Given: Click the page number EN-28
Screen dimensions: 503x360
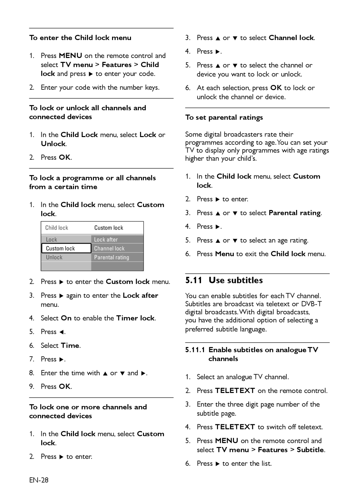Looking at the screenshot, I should tap(39, 480).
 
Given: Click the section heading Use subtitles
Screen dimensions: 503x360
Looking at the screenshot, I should tap(236, 280).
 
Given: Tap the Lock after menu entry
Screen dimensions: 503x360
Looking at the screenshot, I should tap(106, 239).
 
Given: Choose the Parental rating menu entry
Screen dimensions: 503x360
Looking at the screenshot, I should tap(111, 257).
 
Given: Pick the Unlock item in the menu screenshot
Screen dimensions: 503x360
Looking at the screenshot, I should tap(54, 257).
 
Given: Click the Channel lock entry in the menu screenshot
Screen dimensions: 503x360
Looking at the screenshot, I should tap(109, 248).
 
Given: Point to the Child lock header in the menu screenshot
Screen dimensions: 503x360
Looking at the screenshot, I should tap(57, 228).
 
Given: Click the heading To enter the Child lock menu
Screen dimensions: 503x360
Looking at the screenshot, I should tap(80, 38).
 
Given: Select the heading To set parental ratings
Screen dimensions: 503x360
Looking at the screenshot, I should tap(224, 117).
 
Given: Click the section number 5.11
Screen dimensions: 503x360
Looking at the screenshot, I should tap(193, 280).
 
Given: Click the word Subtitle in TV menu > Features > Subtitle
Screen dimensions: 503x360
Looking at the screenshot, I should tap(310, 450).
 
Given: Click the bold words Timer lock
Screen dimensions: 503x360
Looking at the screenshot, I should tap(135, 318).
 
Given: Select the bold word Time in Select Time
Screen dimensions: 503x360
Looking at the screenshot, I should tap(70, 345).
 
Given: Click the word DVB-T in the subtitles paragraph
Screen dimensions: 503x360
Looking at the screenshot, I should tap(311, 304).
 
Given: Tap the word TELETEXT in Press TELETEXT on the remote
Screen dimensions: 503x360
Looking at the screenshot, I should tap(235, 390).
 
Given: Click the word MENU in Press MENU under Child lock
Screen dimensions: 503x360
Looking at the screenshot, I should tap(71, 56).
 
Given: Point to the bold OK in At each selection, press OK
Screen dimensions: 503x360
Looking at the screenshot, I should tap(276, 88).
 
